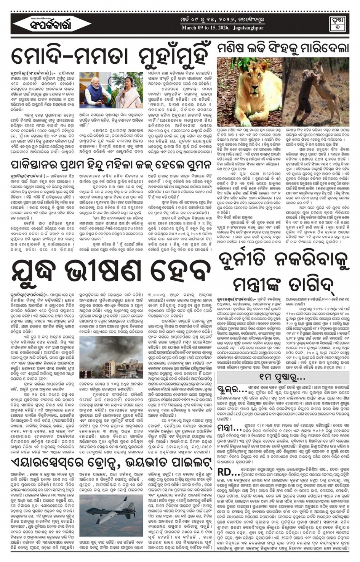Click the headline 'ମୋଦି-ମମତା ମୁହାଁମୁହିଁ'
(x=110, y=55)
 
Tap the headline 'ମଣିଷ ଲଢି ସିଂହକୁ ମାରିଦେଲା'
(x=283, y=48)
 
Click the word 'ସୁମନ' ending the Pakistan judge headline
(x=196, y=166)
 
